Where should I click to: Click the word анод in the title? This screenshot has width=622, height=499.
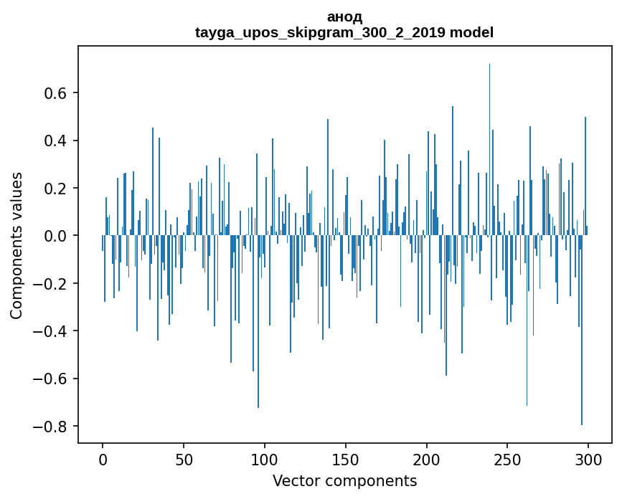point(344,17)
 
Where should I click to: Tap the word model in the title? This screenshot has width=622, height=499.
point(471,33)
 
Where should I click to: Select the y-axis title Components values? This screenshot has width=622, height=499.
point(17,245)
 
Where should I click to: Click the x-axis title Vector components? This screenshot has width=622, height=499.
point(344,480)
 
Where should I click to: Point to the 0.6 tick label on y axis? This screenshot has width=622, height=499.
point(56,93)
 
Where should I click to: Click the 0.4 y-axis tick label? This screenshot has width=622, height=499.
point(56,141)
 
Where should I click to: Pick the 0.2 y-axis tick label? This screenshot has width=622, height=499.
point(56,189)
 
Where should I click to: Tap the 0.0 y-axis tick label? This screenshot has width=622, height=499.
point(56,236)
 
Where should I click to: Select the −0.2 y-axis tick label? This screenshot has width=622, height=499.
point(52,284)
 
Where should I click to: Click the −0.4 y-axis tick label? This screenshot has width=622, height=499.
point(52,331)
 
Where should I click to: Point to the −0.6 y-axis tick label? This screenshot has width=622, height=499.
point(52,379)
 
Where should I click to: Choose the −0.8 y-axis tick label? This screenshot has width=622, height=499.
point(52,427)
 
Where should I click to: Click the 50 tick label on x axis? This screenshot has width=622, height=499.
point(184,458)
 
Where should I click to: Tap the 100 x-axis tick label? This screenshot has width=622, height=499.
point(265,458)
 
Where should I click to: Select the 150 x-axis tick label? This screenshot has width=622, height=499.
point(346,458)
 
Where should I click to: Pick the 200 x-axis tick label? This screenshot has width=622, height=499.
point(427,458)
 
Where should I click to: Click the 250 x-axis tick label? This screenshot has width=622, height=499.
point(507,458)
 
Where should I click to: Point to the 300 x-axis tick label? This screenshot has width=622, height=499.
point(588,458)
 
